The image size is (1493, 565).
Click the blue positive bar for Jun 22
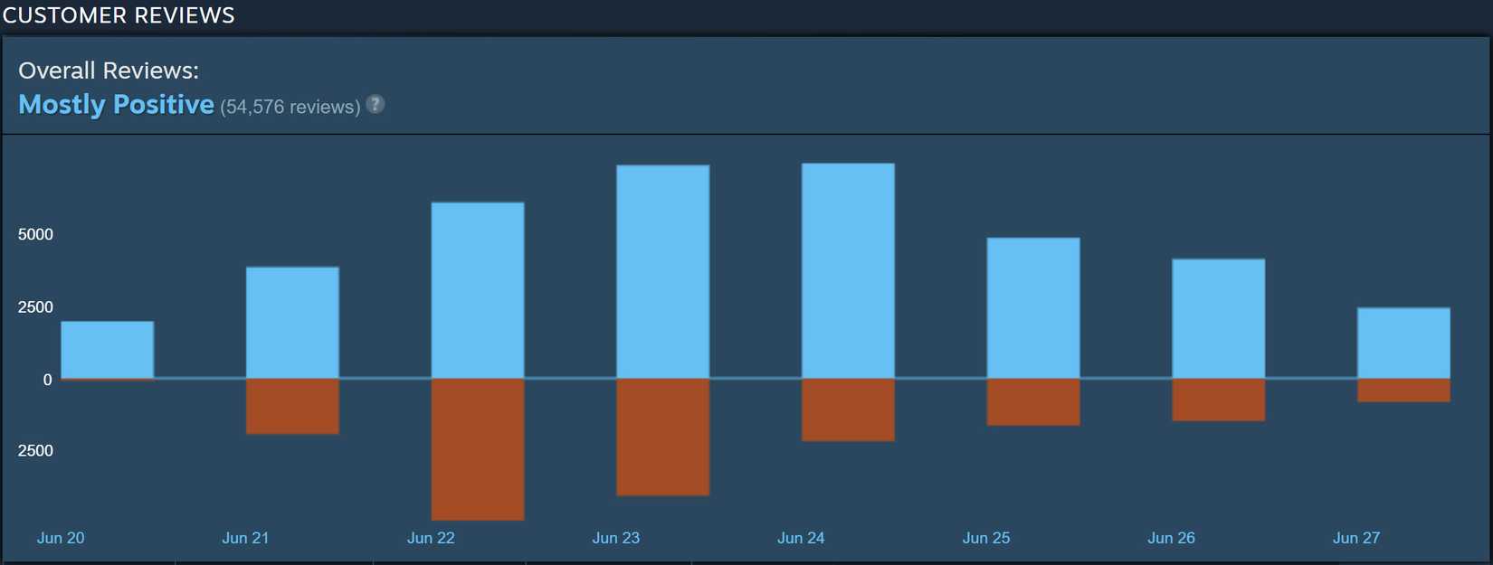point(478,289)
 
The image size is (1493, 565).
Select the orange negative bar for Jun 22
point(478,448)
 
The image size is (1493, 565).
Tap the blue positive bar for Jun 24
point(848,270)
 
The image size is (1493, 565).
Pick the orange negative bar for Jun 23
point(662,437)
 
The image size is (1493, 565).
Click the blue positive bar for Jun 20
point(108,349)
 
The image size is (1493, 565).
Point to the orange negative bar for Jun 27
point(1403,390)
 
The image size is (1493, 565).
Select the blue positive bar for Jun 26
point(1218,318)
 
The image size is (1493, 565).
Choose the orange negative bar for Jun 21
point(292,406)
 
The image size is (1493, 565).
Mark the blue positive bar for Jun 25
point(1032,307)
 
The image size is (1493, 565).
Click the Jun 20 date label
point(61,538)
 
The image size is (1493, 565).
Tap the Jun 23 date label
point(615,538)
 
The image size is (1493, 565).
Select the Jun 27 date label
point(1355,538)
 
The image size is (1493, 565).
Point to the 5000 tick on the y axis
point(35,234)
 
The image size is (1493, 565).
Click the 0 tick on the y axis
point(48,380)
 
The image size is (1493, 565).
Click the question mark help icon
point(375,104)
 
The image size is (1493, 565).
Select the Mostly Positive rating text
point(116,105)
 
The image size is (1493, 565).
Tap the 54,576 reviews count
point(290,107)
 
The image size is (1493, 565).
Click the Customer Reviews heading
point(119,15)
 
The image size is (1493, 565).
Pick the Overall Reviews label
point(109,71)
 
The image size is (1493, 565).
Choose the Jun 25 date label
point(985,538)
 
